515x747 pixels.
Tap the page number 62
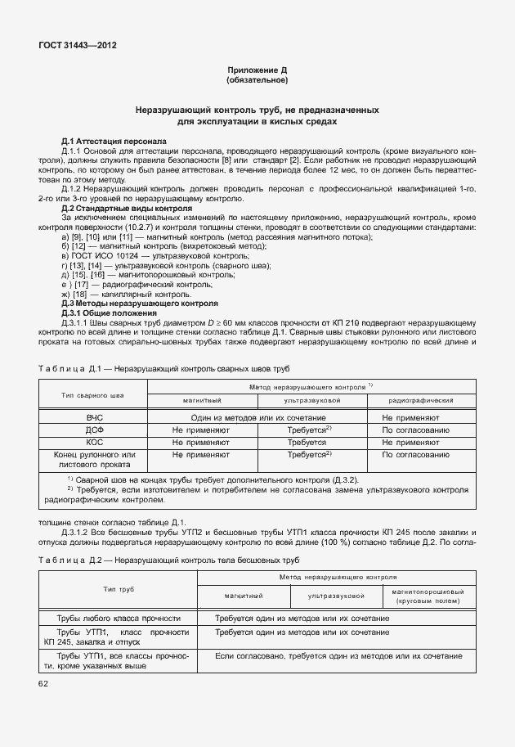tap(43, 683)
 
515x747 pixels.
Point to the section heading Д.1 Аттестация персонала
tap(114, 141)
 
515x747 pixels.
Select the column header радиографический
tap(421, 401)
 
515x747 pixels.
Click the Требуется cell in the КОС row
tap(307, 442)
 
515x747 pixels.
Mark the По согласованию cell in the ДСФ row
tap(415, 430)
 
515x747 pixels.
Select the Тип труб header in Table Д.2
tap(119, 589)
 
